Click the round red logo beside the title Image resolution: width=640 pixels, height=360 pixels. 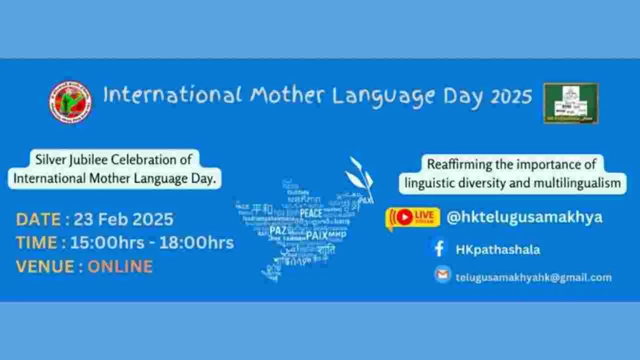(x=70, y=101)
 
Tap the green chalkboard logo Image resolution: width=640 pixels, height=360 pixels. (x=571, y=103)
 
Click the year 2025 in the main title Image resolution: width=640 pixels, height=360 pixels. (x=511, y=96)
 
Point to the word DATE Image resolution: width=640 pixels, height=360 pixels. (x=38, y=219)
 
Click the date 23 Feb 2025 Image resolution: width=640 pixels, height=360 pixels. (x=123, y=219)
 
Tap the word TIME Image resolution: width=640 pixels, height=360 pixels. (x=37, y=242)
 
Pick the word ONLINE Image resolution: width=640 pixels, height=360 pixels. (x=120, y=266)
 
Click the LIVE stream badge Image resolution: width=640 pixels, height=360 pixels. (x=413, y=217)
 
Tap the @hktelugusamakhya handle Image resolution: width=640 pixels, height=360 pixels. (x=524, y=217)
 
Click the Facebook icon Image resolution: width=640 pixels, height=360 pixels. (x=439, y=249)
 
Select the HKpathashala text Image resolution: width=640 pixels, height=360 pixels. (x=497, y=249)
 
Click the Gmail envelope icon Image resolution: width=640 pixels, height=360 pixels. (x=442, y=274)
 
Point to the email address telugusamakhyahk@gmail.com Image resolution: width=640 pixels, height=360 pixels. (x=533, y=277)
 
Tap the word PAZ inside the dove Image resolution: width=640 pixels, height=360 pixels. (x=277, y=230)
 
